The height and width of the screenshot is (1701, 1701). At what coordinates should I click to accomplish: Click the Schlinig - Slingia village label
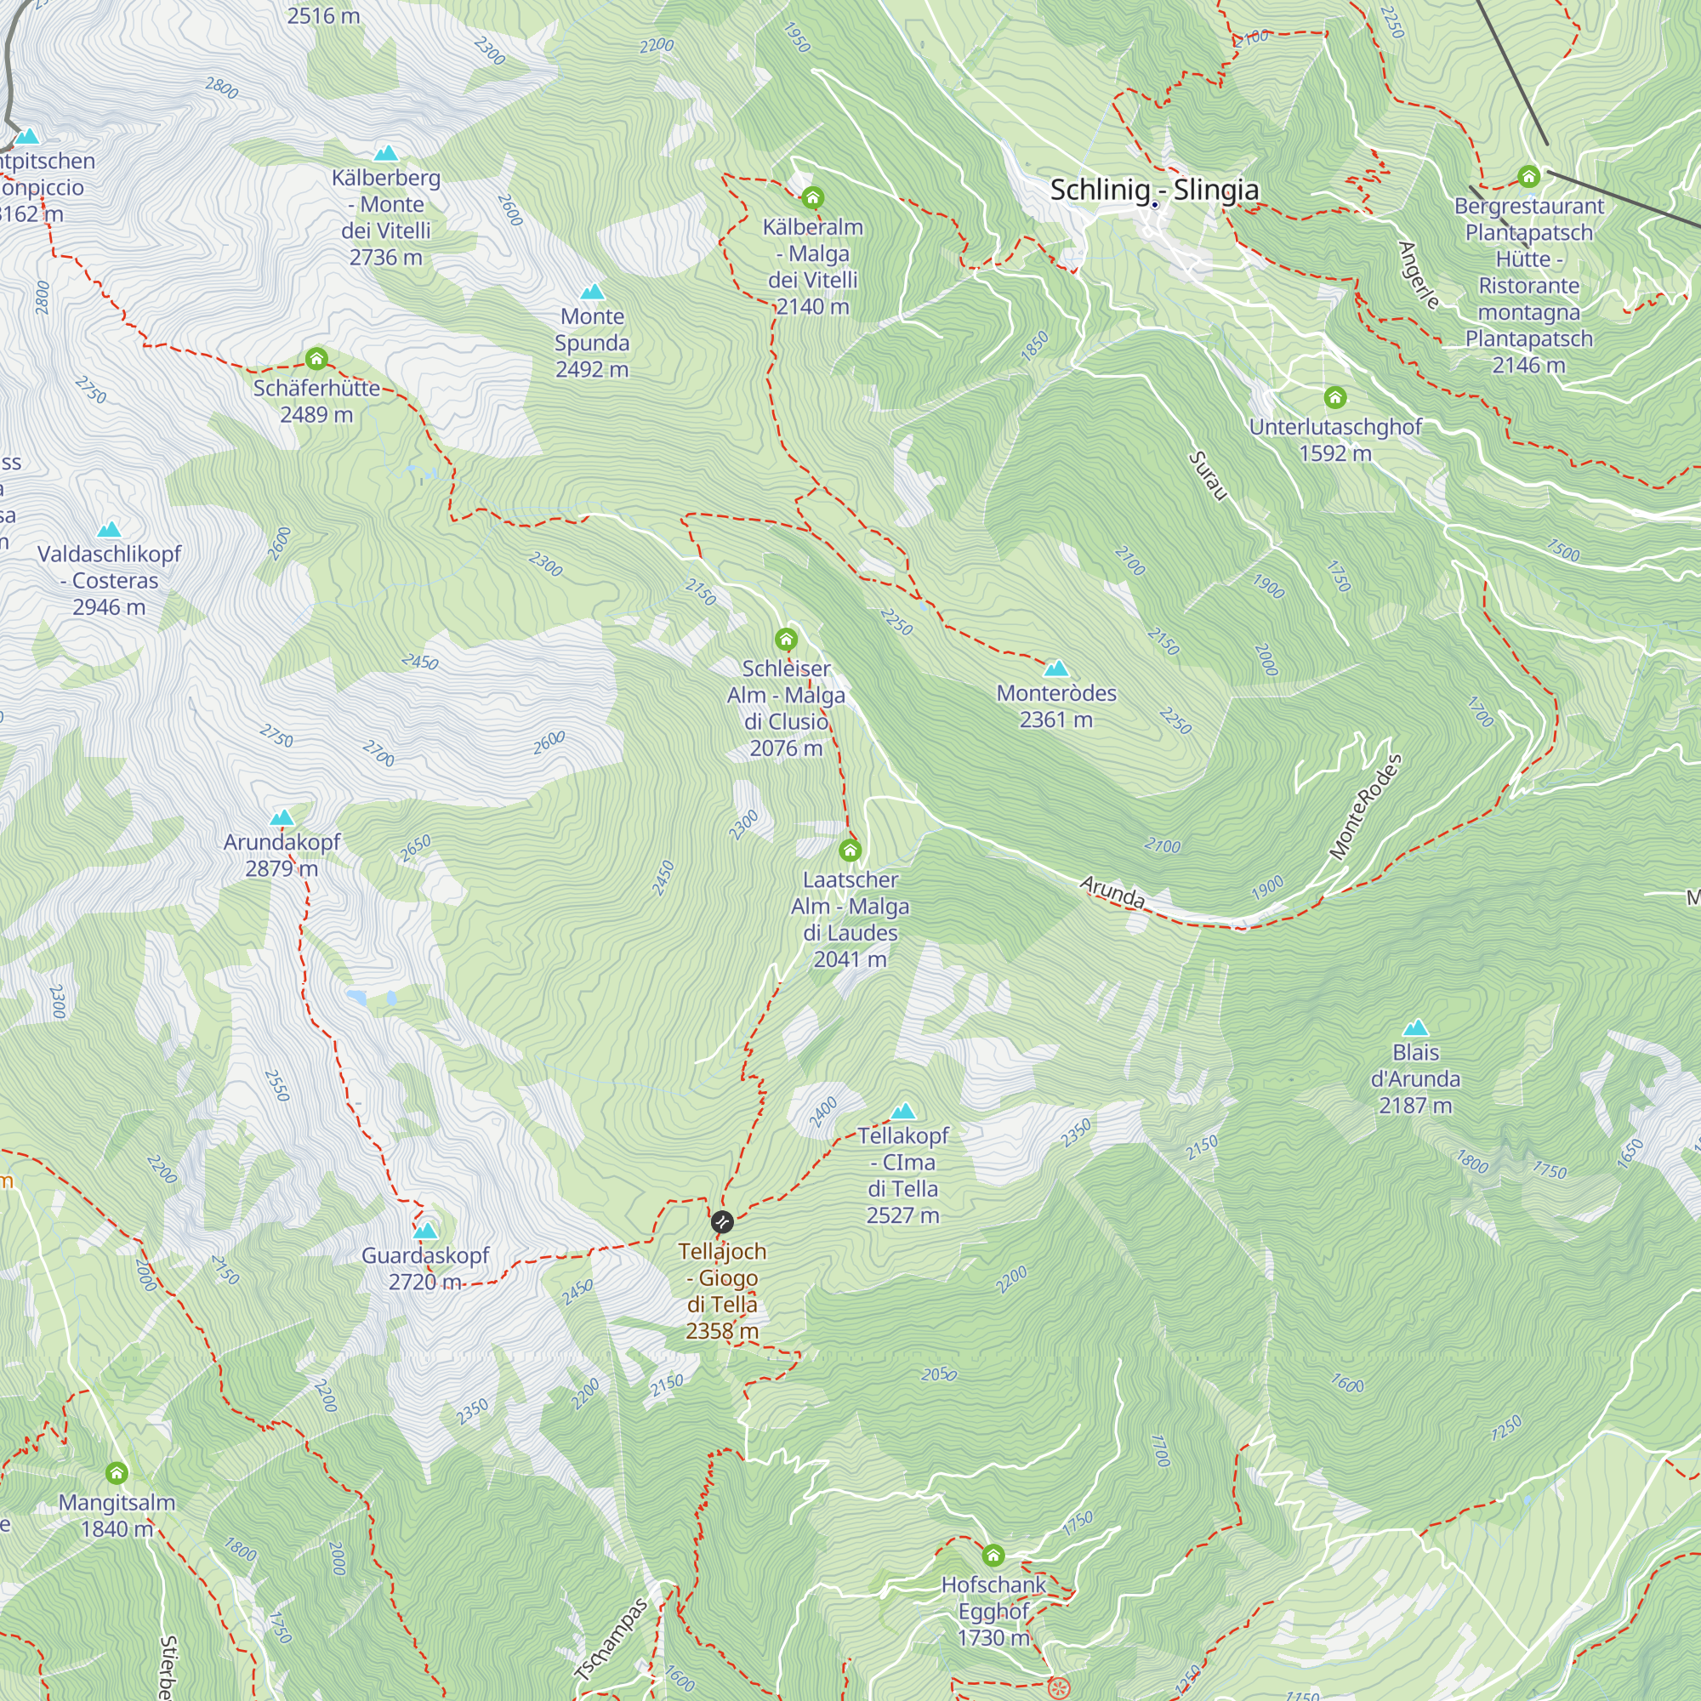[x=1153, y=191]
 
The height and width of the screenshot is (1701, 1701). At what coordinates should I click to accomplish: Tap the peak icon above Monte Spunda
[x=593, y=292]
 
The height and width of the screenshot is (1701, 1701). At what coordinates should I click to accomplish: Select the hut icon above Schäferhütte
[x=316, y=358]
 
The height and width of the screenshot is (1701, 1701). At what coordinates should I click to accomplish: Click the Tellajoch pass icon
[x=722, y=1222]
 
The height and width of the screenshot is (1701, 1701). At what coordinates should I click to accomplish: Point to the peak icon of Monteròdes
[x=1055, y=668]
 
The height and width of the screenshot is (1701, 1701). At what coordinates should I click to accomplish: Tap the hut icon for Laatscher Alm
[x=850, y=850]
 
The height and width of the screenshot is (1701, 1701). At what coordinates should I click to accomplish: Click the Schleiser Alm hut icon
[x=786, y=640]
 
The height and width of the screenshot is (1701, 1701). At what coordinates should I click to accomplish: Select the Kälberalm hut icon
[x=812, y=197]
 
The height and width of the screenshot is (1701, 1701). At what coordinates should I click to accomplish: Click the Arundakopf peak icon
[x=282, y=818]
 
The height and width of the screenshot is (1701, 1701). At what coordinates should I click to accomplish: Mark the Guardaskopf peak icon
[x=425, y=1230]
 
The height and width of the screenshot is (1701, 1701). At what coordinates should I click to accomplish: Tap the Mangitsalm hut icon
[x=117, y=1473]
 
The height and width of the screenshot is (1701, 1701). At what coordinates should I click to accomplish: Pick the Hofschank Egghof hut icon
[x=993, y=1556]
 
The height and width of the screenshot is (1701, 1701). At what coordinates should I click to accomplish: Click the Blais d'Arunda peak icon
[x=1415, y=1027]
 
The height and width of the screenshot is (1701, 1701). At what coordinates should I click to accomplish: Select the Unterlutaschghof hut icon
[x=1334, y=398]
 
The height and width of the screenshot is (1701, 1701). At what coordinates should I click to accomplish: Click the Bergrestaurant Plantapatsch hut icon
[x=1528, y=177]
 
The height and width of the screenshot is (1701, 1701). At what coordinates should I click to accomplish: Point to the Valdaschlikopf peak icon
[x=109, y=529]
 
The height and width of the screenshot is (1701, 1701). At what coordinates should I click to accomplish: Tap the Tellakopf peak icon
[x=903, y=1111]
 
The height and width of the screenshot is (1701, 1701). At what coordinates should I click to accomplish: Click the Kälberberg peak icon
[x=385, y=153]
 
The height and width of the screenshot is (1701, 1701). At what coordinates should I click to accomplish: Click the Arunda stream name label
[x=1112, y=892]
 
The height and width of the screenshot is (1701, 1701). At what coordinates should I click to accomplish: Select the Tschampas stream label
[x=612, y=1640]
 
